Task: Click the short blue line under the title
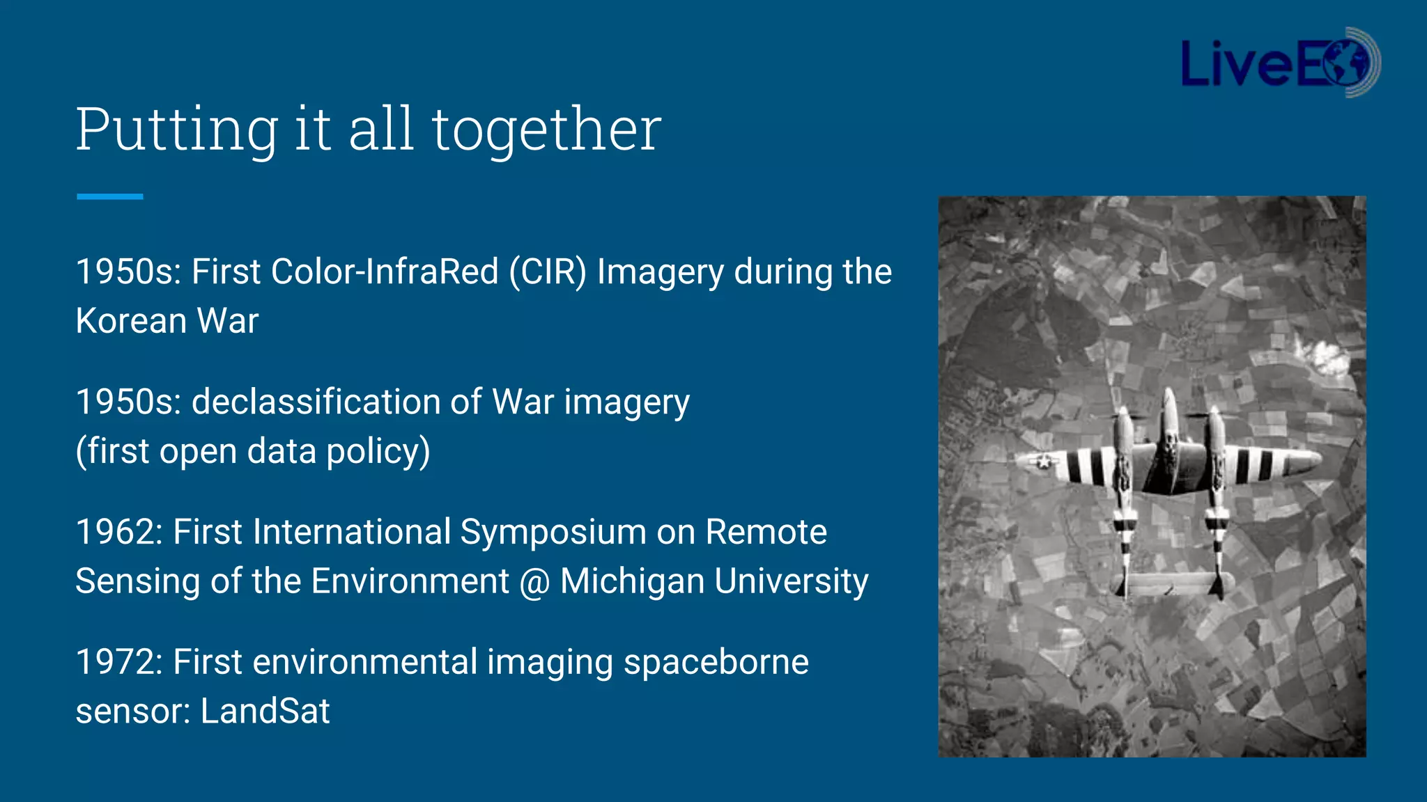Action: pos(109,197)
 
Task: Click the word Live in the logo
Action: pos(1236,64)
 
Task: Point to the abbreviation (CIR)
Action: pos(548,272)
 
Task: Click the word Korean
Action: pos(131,321)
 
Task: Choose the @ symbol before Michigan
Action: pos(534,582)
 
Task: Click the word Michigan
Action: pos(631,582)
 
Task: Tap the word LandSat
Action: pos(265,711)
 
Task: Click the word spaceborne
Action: pos(716,662)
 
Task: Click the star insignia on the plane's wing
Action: pos(1043,461)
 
